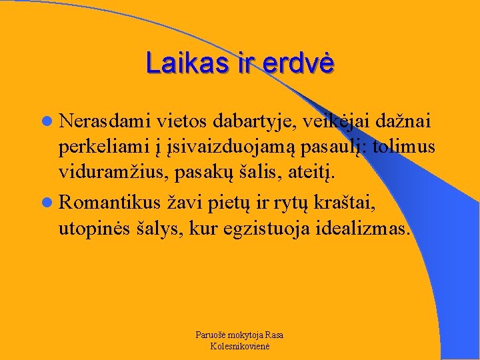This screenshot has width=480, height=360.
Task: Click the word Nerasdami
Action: pyautogui.click(x=105, y=121)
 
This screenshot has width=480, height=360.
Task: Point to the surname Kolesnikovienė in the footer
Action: pyautogui.click(x=239, y=346)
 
